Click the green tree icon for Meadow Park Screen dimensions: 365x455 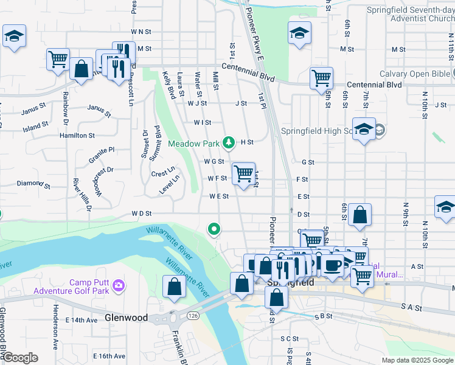tap(229, 142)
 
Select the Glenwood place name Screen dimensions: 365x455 tap(126, 318)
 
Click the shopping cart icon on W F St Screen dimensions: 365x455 tap(244, 174)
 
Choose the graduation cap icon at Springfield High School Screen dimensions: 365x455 tap(364, 130)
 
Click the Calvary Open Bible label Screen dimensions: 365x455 tap(419, 73)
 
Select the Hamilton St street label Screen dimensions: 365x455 tap(77, 136)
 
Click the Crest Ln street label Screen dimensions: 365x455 tap(163, 173)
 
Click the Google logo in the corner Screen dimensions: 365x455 tap(20, 358)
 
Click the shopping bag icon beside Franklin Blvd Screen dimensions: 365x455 tap(174, 287)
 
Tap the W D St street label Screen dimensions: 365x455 tap(141, 214)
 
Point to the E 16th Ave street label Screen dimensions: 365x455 tap(109, 356)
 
